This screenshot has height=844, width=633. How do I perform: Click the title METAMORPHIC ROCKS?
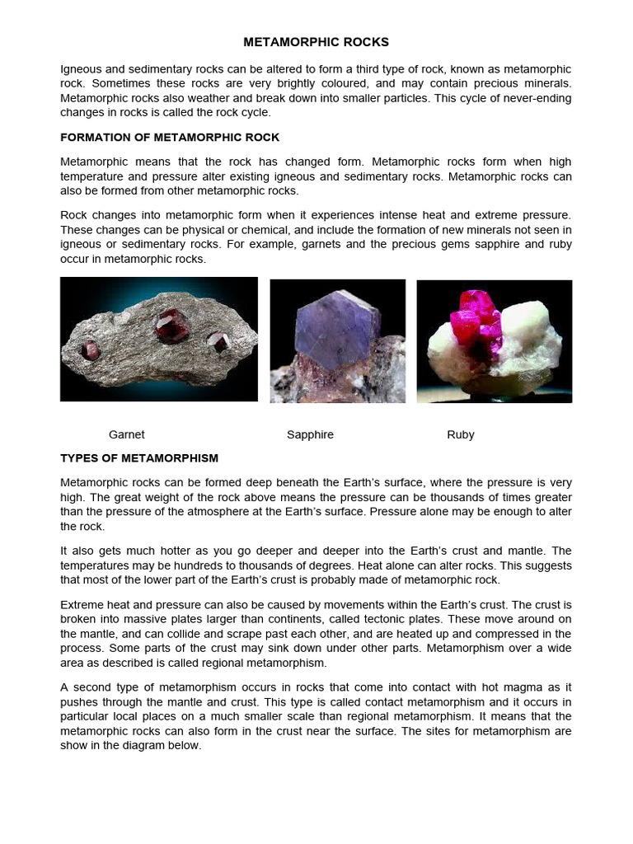coord(316,42)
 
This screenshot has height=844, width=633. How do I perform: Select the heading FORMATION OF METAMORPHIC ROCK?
coord(170,138)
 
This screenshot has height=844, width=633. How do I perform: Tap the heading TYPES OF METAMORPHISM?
coord(139,458)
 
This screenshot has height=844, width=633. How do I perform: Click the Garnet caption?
coord(126,434)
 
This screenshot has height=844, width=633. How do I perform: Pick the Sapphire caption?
coord(310,434)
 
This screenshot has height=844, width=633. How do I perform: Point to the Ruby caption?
coord(460,434)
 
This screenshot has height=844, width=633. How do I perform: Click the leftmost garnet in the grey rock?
coord(89,350)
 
